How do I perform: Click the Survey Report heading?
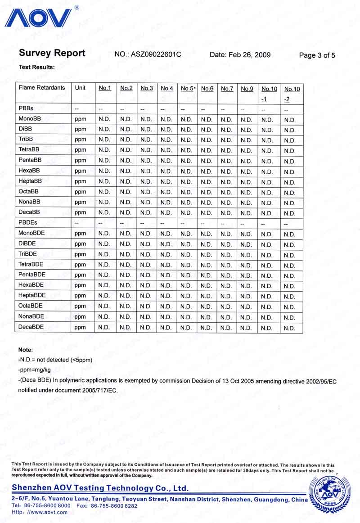point(52,53)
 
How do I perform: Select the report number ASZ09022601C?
point(148,55)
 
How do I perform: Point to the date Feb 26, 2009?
point(240,55)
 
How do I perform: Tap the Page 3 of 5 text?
point(317,56)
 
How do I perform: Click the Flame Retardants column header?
point(42,88)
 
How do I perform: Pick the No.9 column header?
point(247,89)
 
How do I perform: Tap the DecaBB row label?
point(30,212)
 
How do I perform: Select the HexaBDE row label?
point(31,285)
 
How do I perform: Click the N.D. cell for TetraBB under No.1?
point(104,150)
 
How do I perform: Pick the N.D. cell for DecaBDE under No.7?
point(226,328)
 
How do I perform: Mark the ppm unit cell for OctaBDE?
point(80,306)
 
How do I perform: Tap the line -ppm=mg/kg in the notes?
point(34,370)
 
